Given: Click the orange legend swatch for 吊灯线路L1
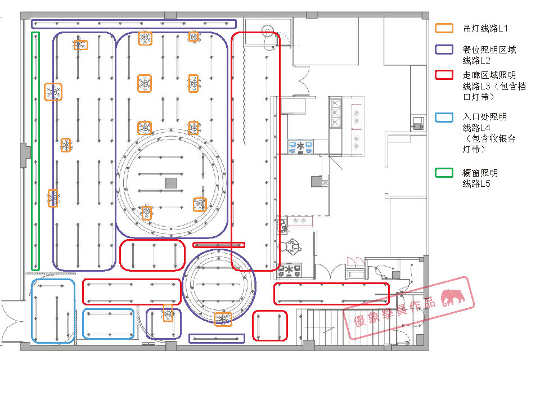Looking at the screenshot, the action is pos(444,28).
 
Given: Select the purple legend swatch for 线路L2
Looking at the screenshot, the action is pos(444,49).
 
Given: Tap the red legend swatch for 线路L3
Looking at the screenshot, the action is pos(444,75).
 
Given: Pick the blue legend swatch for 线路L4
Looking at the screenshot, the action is pos(444,118).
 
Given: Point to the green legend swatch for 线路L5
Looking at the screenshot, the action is pos(444,173).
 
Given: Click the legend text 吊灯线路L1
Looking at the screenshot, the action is pos(485,28).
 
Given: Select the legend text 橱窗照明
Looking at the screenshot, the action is pos(480,173).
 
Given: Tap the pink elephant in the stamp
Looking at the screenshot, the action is pos(453,297).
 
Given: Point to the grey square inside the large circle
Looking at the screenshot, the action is pos(171,183).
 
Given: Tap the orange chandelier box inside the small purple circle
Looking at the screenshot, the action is pos(223,319).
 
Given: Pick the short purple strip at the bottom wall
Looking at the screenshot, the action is pos(217,339).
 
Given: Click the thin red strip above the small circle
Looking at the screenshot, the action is pos(219,245).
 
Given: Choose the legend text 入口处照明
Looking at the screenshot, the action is pos(485,117).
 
